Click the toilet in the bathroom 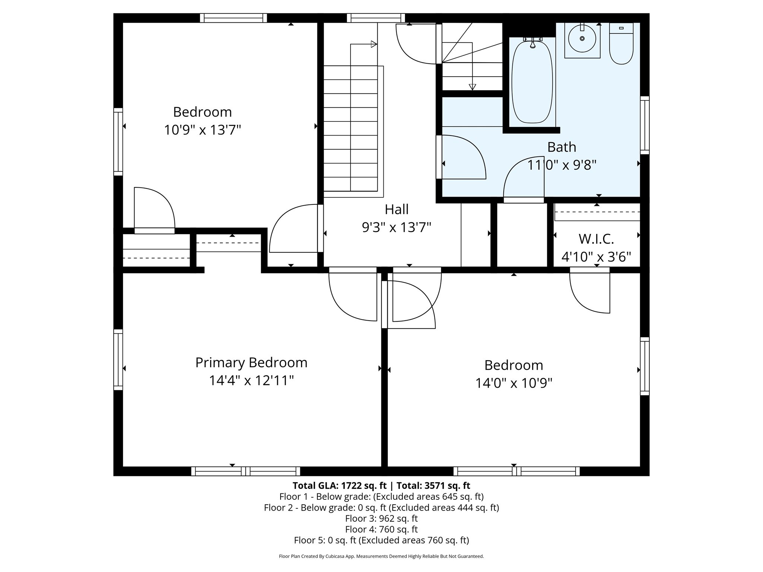tap(621, 45)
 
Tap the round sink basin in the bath tap(582, 38)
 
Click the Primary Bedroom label tap(251, 362)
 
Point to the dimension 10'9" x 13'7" tap(202, 130)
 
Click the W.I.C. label tap(596, 239)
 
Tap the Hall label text tap(396, 209)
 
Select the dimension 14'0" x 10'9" tap(513, 383)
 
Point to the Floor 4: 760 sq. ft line tap(381, 529)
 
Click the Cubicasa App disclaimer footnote tap(381, 556)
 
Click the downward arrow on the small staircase tap(472, 87)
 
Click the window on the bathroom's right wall tap(645, 125)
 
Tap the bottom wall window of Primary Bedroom tap(246, 471)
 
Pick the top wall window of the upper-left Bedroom tap(234, 18)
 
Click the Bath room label tap(561, 147)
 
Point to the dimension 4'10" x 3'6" tap(596, 257)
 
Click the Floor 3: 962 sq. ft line tap(381, 518)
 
